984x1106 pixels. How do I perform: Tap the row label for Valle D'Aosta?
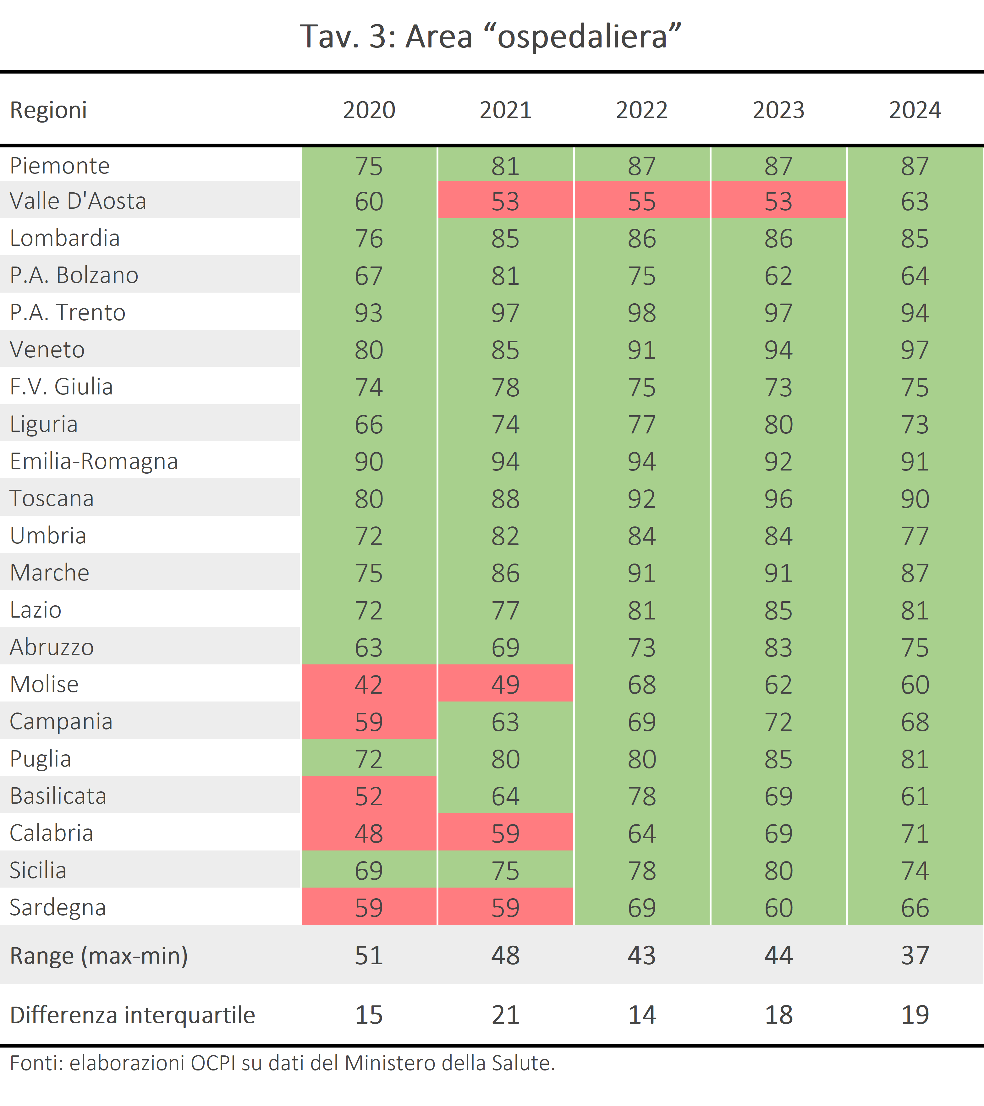(x=78, y=201)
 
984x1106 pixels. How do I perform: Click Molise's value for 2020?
(x=369, y=685)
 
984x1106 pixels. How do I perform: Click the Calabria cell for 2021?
(x=505, y=833)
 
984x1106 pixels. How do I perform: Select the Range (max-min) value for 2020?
(x=369, y=955)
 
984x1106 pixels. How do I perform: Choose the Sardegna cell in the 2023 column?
(x=778, y=907)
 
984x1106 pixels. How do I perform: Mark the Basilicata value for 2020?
(x=369, y=796)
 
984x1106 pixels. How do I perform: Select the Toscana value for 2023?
(x=778, y=499)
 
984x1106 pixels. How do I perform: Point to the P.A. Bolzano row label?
(x=74, y=275)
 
